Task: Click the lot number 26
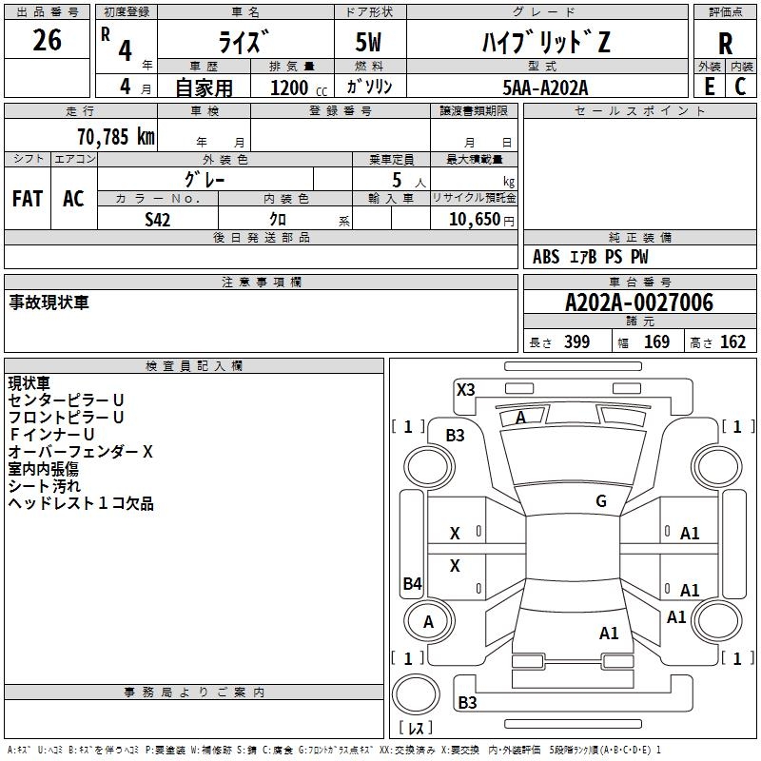47,41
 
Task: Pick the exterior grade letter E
709,86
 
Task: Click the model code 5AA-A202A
545,87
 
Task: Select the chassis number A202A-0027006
638,302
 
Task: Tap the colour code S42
157,218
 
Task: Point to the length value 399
576,342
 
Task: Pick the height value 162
732,342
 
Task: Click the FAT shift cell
27,199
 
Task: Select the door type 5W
369,43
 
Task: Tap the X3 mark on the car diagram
465,389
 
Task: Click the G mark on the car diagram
601,501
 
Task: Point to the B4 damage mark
412,584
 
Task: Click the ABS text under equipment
546,257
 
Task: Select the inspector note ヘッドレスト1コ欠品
81,503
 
